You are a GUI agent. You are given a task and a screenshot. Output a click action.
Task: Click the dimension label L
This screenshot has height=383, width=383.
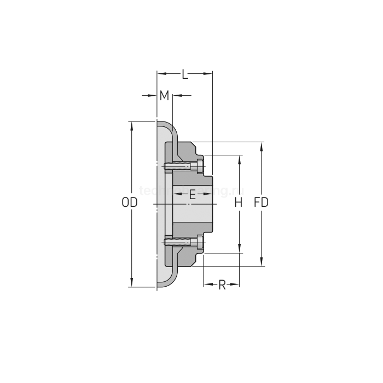tap(185, 74)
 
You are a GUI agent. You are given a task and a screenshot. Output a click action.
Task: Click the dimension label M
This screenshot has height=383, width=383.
tap(164, 96)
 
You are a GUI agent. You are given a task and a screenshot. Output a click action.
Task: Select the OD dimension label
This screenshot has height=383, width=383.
tap(129, 202)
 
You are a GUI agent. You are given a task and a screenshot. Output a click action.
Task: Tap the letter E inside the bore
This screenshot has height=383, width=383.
tap(192, 194)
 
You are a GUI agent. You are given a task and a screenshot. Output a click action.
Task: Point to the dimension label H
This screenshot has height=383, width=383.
tap(238, 202)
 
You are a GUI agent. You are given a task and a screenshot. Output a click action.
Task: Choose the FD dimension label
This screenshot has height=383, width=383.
tap(262, 202)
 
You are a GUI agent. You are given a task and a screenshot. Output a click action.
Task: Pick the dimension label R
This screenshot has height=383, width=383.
tap(222, 285)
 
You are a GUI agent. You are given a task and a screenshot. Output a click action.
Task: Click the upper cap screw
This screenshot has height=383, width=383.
tap(184, 165)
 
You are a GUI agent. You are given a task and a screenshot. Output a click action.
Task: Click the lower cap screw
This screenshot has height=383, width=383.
tap(184, 241)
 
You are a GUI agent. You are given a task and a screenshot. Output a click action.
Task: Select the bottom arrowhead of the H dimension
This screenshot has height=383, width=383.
tap(239, 249)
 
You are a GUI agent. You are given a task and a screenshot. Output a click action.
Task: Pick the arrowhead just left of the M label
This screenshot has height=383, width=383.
tap(153, 96)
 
